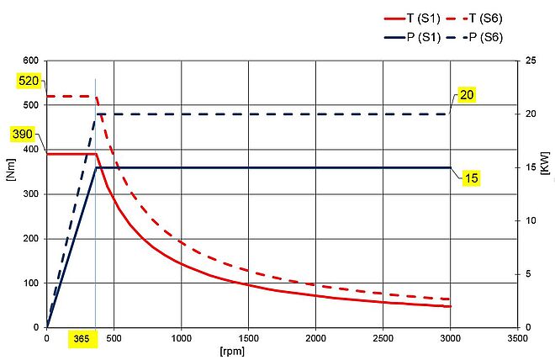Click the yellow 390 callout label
point(24,134)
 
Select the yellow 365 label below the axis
point(82,338)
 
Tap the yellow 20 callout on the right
point(465,94)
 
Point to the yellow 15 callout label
point(471,179)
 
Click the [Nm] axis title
point(11,194)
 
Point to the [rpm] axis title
point(282,348)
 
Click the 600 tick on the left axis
point(31,61)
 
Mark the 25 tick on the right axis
point(529,61)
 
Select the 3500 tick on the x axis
point(518,338)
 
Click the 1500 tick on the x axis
point(248,338)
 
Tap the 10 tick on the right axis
point(529,220)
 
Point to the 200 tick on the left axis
point(31,239)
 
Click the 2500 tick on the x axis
point(383,338)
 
